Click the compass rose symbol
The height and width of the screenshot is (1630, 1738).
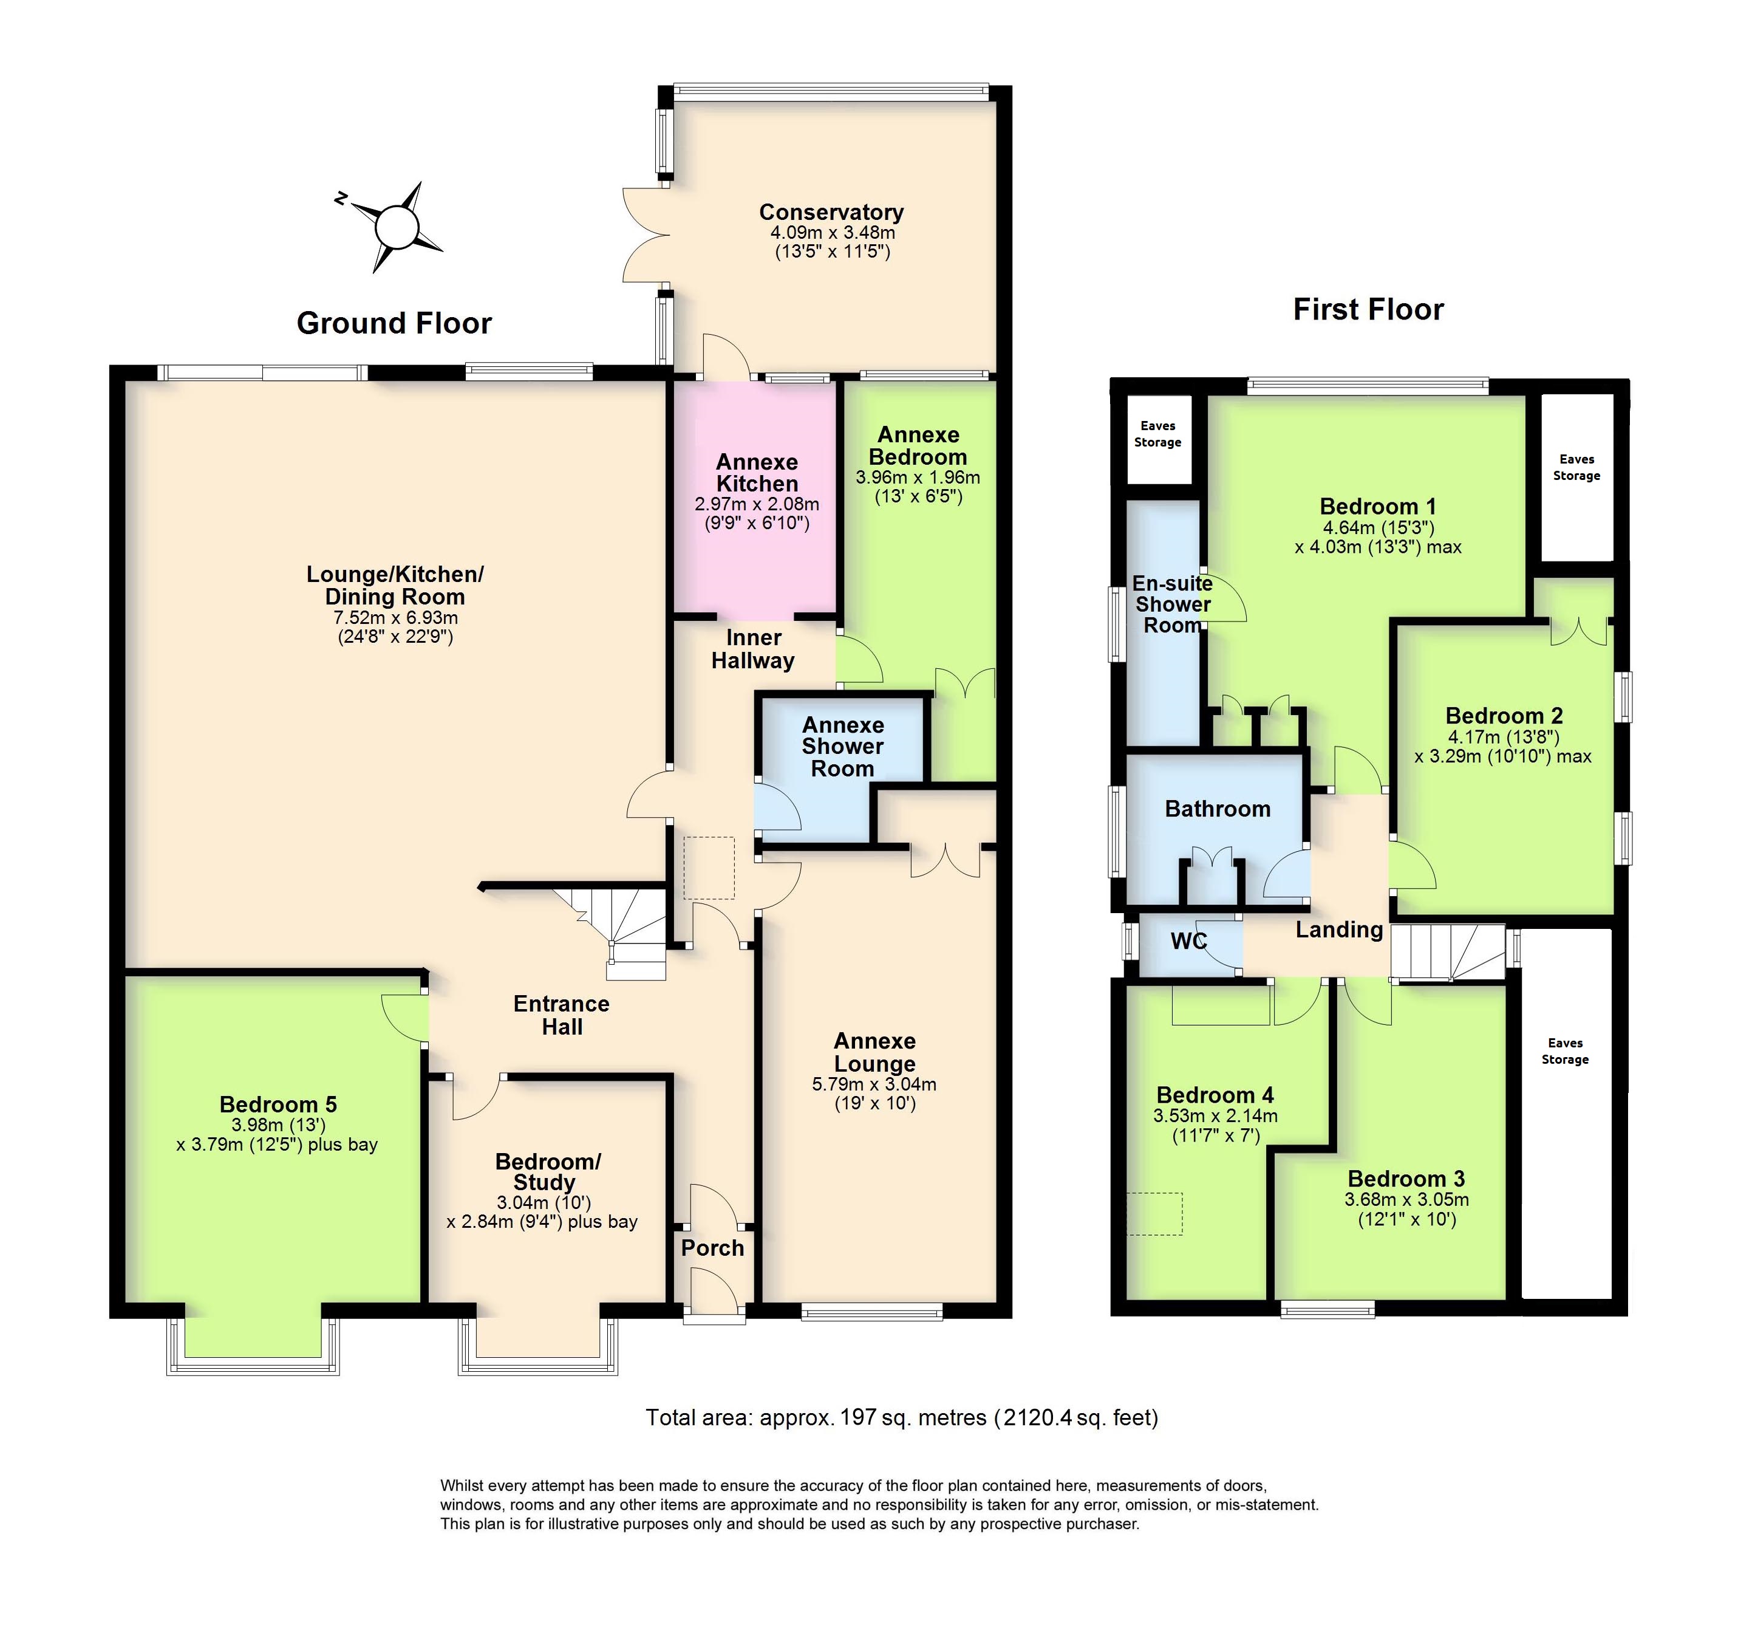point(398,227)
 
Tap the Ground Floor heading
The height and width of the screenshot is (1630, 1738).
point(394,324)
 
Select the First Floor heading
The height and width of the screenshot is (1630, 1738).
point(1368,310)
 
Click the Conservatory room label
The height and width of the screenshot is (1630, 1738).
point(831,213)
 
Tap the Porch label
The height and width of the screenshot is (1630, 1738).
point(712,1248)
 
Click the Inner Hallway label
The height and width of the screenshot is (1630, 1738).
point(753,649)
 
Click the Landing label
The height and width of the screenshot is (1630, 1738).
point(1338,930)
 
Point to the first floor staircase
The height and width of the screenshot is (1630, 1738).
point(1447,951)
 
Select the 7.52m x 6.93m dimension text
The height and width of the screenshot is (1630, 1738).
point(395,617)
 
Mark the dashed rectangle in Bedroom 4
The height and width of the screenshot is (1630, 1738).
point(1154,1214)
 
